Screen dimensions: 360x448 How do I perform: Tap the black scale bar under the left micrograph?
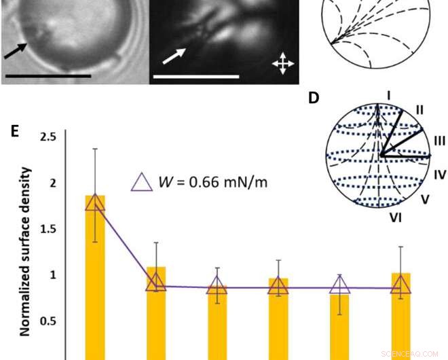48,75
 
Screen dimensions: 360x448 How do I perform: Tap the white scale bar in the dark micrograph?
196,77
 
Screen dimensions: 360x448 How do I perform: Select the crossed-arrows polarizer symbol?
282,63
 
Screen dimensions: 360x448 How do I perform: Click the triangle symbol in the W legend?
142,182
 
